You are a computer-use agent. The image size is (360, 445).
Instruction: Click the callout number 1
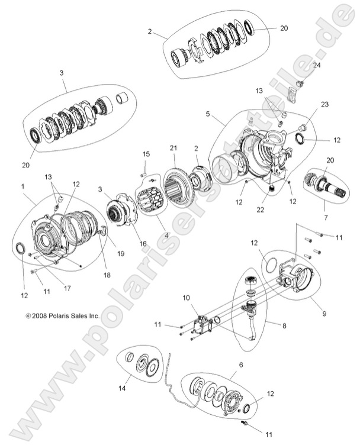[23, 186]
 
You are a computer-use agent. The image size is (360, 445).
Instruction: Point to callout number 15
[146, 155]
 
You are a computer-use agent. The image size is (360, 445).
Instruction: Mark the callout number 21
[173, 147]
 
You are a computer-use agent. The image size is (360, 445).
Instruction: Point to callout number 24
[316, 65]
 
